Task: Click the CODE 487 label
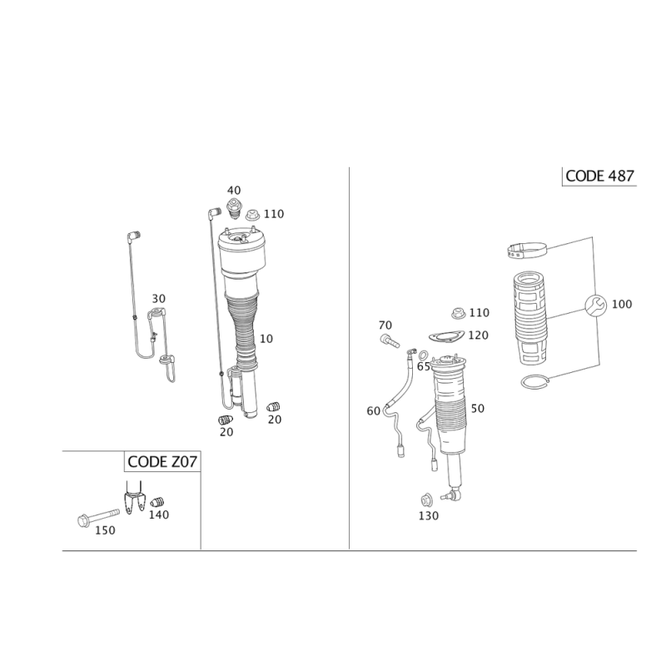point(600,176)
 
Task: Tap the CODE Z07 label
point(162,461)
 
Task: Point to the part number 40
point(233,191)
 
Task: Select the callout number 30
point(158,298)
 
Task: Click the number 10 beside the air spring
point(266,338)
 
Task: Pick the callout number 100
point(622,305)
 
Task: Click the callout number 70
point(385,324)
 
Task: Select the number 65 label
point(423,366)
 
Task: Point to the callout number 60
point(373,410)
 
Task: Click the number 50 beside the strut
point(477,408)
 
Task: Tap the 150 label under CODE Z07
point(105,530)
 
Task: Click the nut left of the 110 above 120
point(457,314)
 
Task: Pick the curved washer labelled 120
point(448,335)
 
